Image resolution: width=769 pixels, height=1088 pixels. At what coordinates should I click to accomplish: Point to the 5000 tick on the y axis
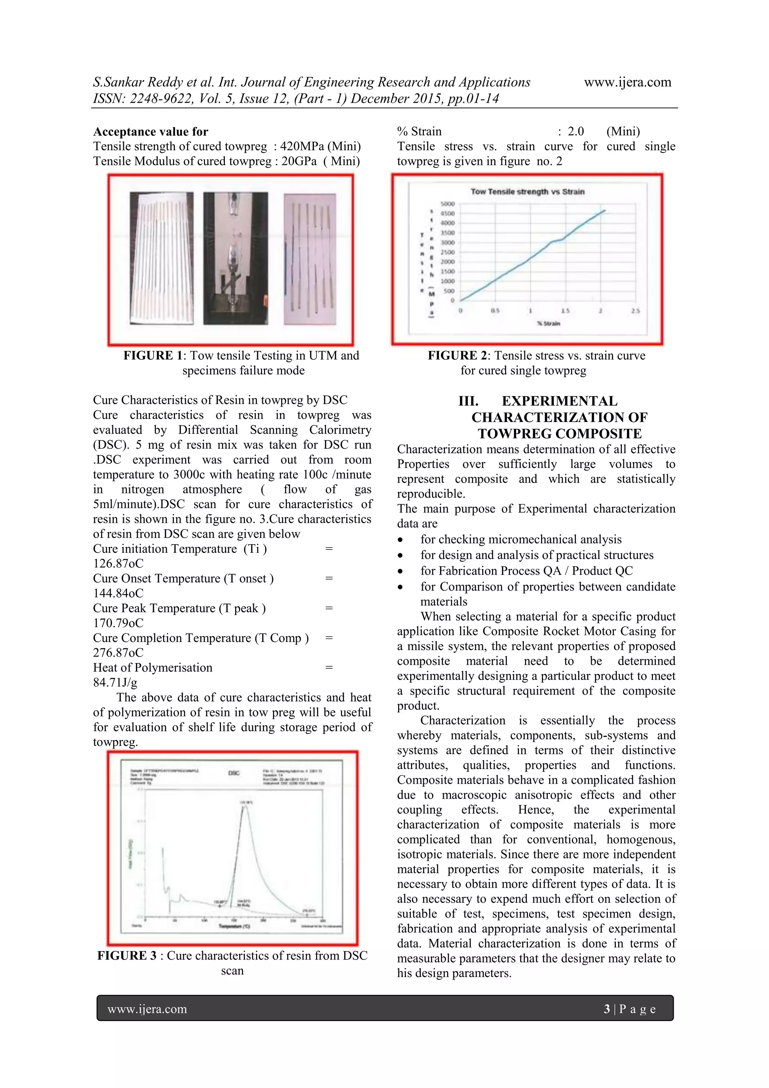pyautogui.click(x=448, y=204)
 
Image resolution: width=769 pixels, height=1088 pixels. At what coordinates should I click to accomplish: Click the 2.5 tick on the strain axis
pyautogui.click(x=635, y=311)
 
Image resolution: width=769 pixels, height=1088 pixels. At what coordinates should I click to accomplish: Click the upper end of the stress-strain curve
pyautogui.click(x=605, y=210)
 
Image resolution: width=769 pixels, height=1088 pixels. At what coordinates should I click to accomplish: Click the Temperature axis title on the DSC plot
pyautogui.click(x=234, y=926)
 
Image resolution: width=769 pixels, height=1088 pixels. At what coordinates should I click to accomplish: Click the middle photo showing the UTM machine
pyautogui.click(x=235, y=258)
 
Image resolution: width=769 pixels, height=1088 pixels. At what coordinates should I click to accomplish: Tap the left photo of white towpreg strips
pyautogui.click(x=161, y=258)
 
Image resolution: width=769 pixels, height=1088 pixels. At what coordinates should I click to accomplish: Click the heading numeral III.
pyautogui.click(x=468, y=401)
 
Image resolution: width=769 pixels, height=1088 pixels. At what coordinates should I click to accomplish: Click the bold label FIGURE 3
pyautogui.click(x=127, y=955)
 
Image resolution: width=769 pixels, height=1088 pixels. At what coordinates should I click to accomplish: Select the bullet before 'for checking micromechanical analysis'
pyautogui.click(x=401, y=540)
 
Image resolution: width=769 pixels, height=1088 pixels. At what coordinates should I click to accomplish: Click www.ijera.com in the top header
pyautogui.click(x=627, y=82)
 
